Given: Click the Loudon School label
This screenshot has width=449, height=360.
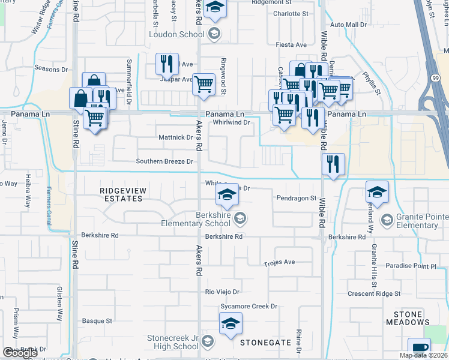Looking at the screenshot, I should coord(176,34).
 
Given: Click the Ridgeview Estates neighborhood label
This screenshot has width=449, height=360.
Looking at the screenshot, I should coord(124,194).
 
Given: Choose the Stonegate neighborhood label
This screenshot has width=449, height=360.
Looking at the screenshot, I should coord(265,343).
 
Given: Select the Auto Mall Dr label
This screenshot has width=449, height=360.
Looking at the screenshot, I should coord(348,25).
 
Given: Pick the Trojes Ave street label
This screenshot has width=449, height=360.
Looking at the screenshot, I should coord(280,263).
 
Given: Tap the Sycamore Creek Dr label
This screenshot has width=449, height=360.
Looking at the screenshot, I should coord(249,306).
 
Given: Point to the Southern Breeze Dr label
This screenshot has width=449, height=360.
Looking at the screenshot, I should coord(164,161).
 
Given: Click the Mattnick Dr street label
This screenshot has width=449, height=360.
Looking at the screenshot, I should coord(175,137).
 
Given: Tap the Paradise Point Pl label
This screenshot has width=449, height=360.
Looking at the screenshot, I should coord(412,266).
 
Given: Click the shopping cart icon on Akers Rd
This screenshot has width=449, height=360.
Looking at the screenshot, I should coord(203,84).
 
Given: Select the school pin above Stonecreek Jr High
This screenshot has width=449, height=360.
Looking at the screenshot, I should coord(231,325).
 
